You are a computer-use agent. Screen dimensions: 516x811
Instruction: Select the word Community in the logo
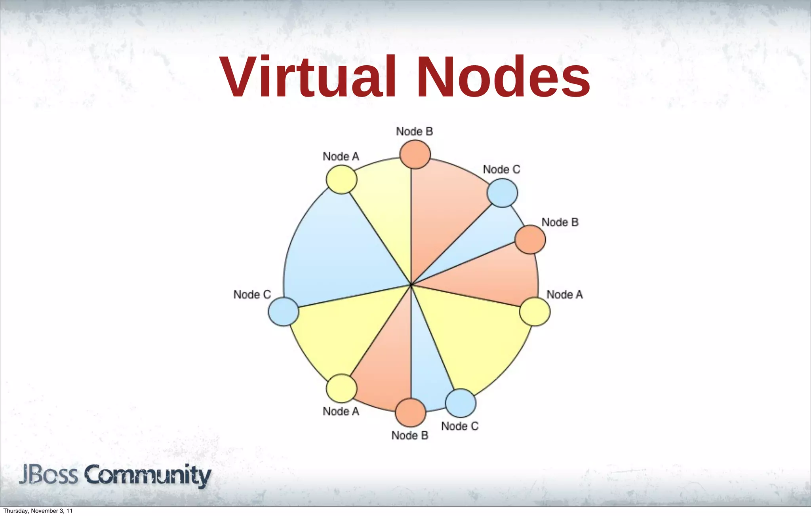coord(147,476)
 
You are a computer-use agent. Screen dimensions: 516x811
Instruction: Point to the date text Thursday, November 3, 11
coord(38,511)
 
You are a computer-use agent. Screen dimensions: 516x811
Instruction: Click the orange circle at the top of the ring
coord(415,154)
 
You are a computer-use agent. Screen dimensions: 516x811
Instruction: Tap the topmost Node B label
coord(414,131)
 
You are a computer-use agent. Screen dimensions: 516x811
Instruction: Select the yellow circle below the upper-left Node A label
coord(341,179)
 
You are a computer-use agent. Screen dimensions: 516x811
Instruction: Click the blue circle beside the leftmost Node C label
coord(283,311)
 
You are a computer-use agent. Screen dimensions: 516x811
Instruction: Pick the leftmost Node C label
coord(252,295)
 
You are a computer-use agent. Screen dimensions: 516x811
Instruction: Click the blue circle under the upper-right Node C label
coord(502,193)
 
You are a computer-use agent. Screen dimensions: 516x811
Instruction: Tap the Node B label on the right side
coord(560,222)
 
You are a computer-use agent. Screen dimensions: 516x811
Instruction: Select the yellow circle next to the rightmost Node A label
coord(535,311)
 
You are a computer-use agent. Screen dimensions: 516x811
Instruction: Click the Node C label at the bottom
coord(460,426)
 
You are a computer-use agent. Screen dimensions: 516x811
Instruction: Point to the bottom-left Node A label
coord(341,412)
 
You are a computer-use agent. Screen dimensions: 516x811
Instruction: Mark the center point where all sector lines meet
coord(411,285)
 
